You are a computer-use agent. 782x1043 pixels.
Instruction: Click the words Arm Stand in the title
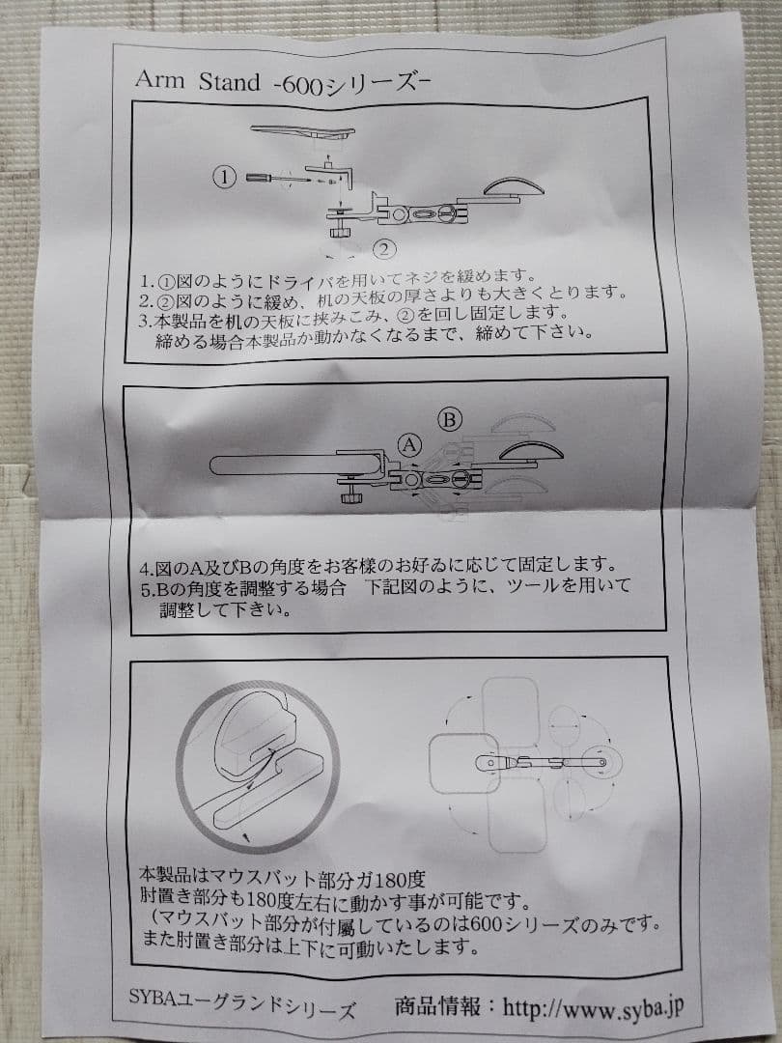click(198, 81)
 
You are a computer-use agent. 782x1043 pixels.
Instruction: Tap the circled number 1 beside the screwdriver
click(225, 177)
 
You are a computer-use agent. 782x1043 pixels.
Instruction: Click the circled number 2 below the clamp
click(384, 249)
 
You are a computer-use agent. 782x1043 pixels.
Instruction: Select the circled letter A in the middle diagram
click(410, 445)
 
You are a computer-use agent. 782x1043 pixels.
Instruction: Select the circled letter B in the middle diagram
click(450, 420)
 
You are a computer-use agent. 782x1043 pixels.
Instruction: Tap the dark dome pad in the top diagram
click(513, 187)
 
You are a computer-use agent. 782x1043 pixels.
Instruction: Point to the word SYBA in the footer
click(153, 997)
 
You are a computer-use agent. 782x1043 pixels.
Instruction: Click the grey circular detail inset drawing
click(258, 766)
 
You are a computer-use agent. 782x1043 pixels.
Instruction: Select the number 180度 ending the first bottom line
click(401, 880)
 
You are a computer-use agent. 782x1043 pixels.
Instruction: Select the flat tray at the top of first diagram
click(302, 131)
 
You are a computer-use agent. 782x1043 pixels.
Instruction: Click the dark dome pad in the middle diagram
click(531, 451)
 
